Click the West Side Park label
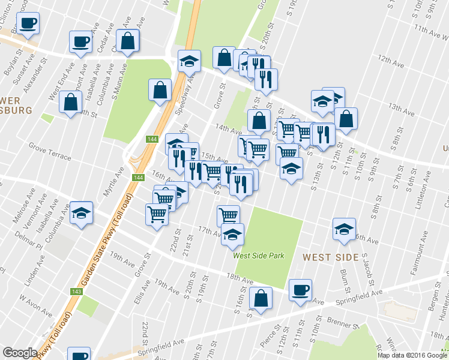[258, 256]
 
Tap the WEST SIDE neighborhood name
[331, 257]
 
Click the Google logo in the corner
[20, 353]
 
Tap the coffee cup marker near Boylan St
[28, 24]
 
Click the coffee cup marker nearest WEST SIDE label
[300, 290]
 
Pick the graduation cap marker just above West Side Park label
[232, 234]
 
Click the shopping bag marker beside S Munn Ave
[128, 41]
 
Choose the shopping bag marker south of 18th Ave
[261, 298]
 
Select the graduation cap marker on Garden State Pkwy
[189, 61]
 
